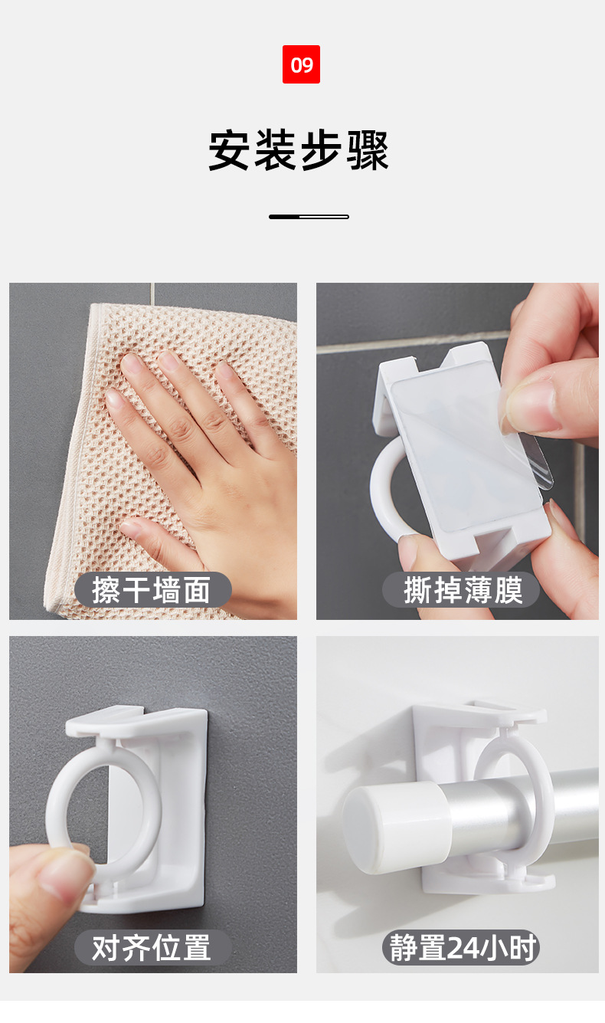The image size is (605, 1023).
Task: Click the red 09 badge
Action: pos(301,64)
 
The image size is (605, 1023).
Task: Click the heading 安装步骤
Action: pos(299,150)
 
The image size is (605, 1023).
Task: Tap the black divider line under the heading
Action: pos(309,217)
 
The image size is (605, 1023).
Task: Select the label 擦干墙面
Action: pos(152,590)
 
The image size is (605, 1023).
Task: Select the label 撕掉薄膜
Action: pos(463,590)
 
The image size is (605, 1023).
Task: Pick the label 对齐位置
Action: pos(152,948)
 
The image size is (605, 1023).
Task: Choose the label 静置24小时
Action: pos(461,948)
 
